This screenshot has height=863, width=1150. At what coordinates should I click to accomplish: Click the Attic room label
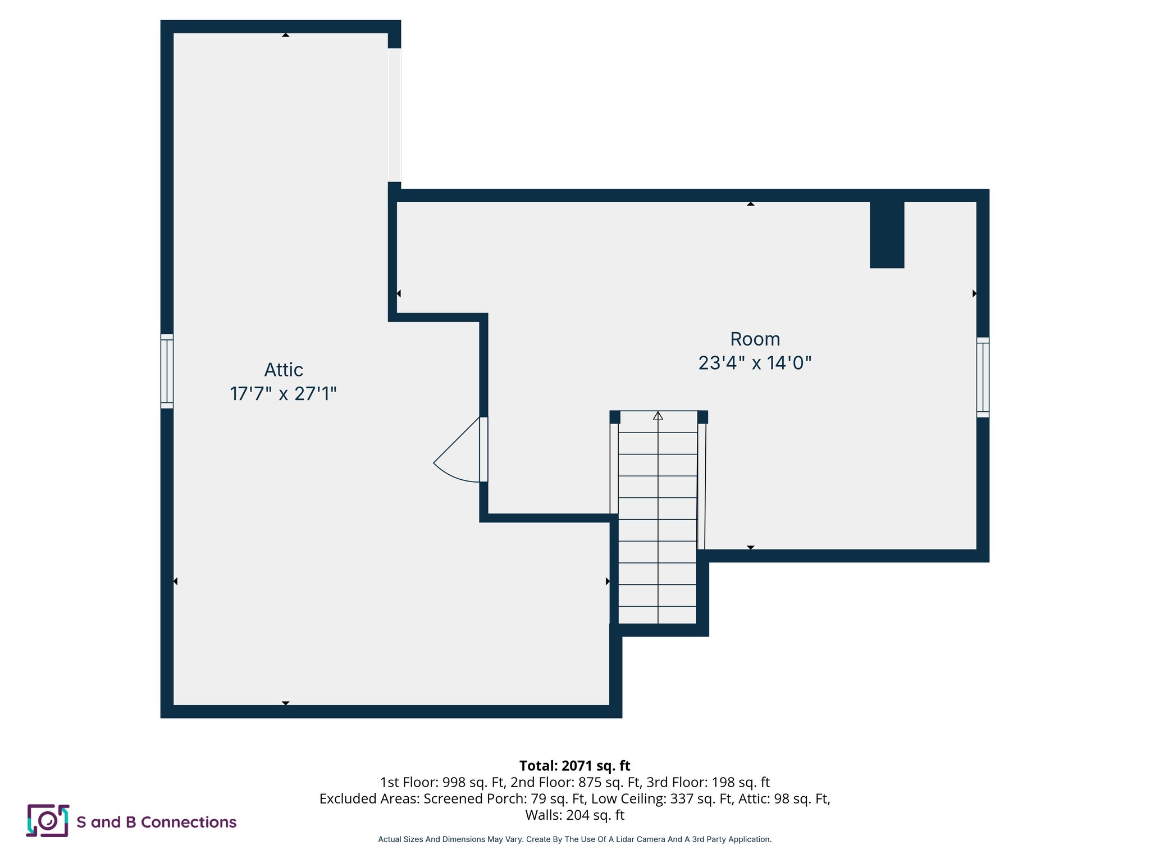click(x=284, y=370)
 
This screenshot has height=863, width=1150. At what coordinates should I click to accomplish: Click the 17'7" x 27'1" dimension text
click(x=283, y=394)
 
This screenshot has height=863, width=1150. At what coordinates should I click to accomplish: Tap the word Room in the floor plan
click(x=755, y=339)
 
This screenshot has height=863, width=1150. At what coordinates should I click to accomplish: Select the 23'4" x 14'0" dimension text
click(x=755, y=363)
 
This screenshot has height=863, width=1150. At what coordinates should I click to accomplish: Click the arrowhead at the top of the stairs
click(x=658, y=416)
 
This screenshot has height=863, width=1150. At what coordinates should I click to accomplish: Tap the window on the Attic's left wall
click(x=167, y=371)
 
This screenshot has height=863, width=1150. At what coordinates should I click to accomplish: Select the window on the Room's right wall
click(x=982, y=377)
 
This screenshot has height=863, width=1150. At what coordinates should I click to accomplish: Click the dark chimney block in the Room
click(x=887, y=234)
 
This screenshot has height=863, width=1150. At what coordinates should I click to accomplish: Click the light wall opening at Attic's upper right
click(x=394, y=115)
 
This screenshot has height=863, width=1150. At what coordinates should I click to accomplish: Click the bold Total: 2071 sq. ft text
click(x=574, y=766)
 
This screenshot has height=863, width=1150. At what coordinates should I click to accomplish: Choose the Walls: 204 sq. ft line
click(x=574, y=815)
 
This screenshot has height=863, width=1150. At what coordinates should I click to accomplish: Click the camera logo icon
click(x=48, y=821)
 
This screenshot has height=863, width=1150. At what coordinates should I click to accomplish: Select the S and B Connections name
click(x=156, y=822)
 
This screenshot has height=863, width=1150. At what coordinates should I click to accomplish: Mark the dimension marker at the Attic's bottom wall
click(x=285, y=703)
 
